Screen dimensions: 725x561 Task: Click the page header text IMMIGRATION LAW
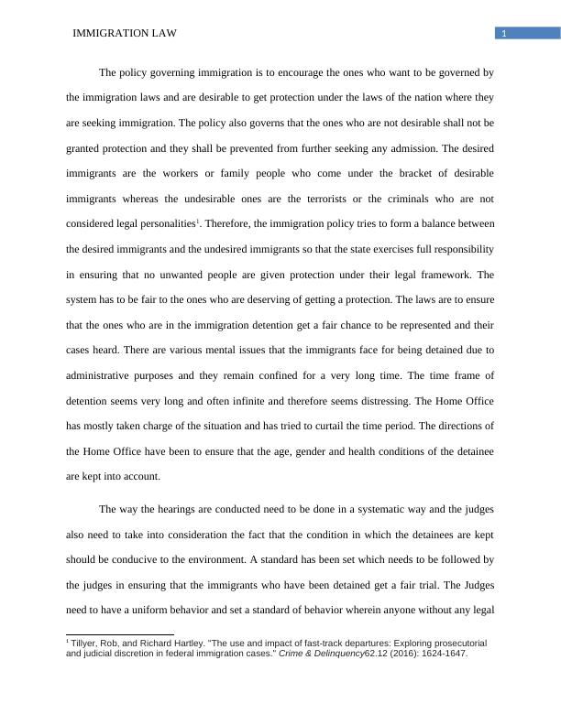pyautogui.click(x=123, y=34)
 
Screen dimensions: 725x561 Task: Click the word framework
pyautogui.click(x=433, y=275)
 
